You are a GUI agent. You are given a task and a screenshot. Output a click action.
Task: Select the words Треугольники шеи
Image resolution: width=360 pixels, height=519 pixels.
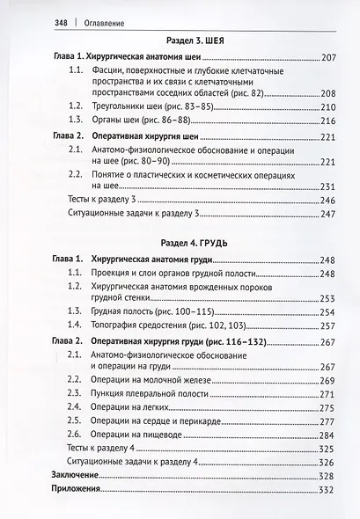point(135,105)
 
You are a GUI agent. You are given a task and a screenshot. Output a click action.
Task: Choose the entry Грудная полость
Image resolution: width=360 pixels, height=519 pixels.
point(129,311)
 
